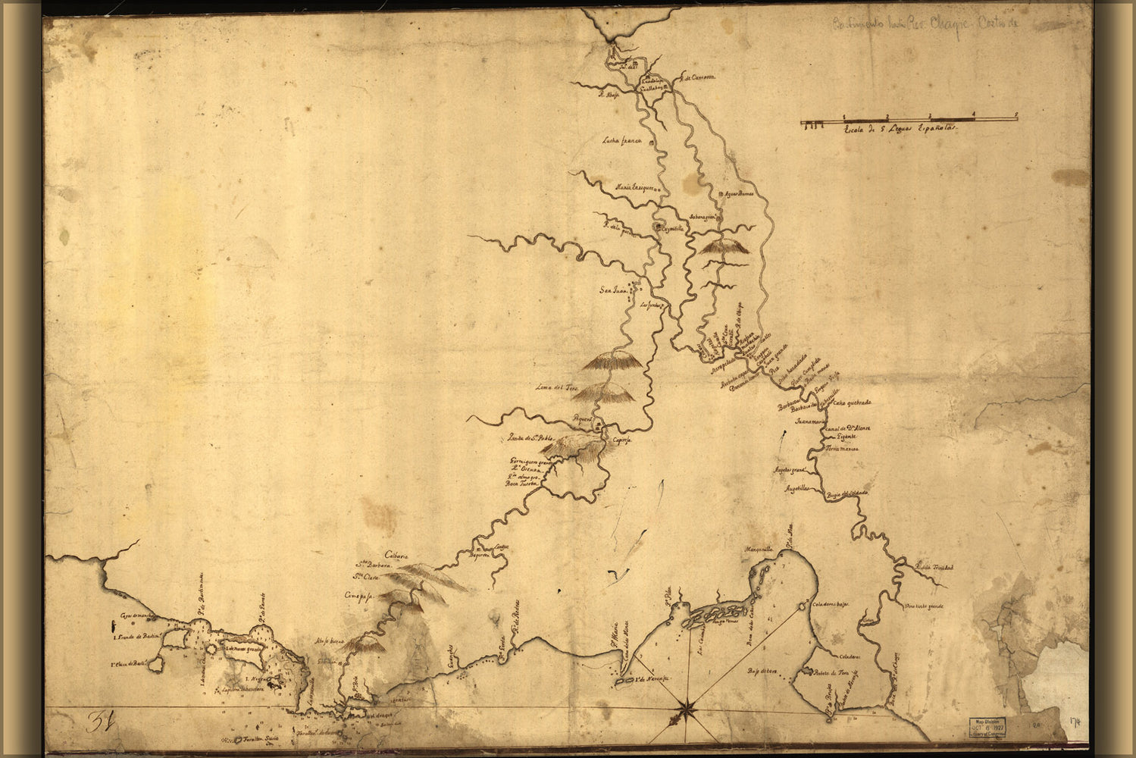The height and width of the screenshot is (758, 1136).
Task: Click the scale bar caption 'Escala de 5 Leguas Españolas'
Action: (897, 130)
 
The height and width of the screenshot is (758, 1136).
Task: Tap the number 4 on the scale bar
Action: (974, 114)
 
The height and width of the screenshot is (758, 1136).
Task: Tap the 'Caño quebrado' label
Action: (853, 402)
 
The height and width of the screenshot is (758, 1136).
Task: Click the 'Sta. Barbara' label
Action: (374, 565)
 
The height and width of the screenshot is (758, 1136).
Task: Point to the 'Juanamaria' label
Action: (809, 419)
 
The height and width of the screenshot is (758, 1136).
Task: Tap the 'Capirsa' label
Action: (622, 441)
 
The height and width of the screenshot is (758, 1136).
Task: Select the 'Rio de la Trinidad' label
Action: (934, 567)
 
